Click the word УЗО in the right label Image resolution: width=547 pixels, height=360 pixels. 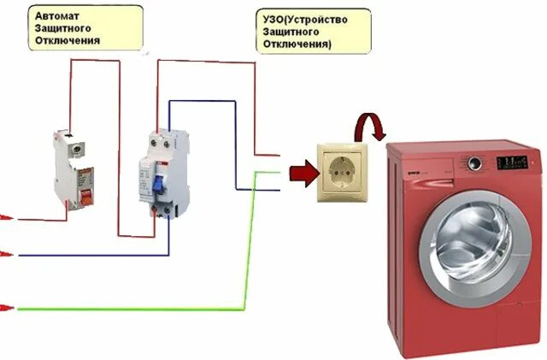(x=273, y=17)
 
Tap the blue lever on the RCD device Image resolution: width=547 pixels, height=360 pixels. (x=159, y=183)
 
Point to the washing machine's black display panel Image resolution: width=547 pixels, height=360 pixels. (x=513, y=161)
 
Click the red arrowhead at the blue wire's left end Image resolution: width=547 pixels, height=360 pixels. (x=5, y=254)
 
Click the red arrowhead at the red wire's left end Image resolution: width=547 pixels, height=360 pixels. (x=5, y=218)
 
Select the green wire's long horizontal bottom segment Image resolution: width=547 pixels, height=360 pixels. (x=128, y=307)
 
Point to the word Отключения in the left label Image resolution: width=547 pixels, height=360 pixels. (x=68, y=41)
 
